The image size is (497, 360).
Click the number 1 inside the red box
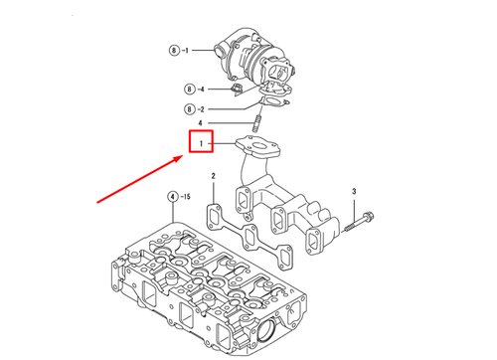pos(202,145)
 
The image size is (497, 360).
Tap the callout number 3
pos(352,190)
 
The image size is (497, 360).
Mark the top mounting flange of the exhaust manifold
pos(261,149)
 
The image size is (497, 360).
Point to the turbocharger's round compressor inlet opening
pos(282,72)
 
